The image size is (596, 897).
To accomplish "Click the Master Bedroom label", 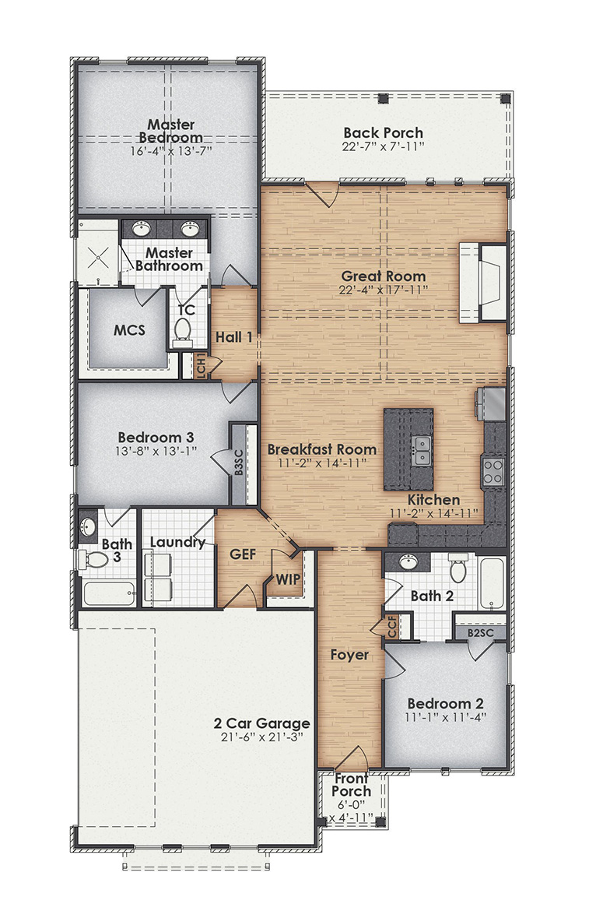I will (x=171, y=131).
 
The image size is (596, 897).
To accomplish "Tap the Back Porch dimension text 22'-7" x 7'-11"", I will (x=384, y=146).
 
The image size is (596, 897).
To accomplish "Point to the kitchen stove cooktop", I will (x=493, y=470).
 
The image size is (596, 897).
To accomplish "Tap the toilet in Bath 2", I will (x=458, y=570).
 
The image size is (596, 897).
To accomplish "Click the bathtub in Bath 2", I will (x=491, y=584).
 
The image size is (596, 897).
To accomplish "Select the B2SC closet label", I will (x=479, y=634).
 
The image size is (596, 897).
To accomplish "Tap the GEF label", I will (x=244, y=554).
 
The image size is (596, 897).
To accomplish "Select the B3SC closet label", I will (x=239, y=466).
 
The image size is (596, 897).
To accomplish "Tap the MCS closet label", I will (x=129, y=330).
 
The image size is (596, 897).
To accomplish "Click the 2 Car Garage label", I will (x=261, y=723).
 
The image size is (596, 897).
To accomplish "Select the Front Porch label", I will (x=352, y=785).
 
